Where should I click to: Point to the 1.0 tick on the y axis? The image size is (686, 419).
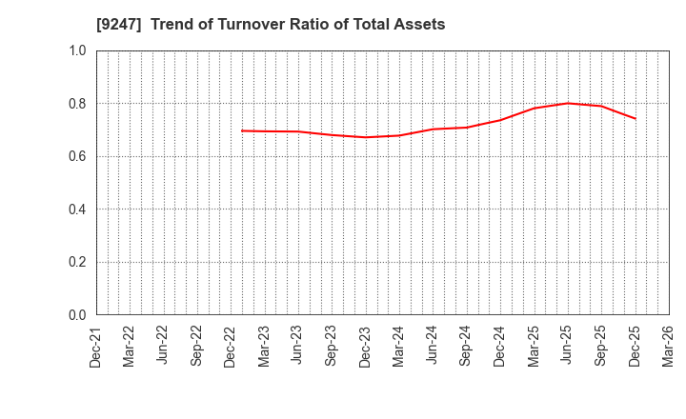click(77, 50)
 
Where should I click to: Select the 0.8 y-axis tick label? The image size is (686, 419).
click(77, 104)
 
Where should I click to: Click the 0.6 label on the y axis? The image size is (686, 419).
click(77, 156)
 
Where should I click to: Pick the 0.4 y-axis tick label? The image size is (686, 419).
click(77, 209)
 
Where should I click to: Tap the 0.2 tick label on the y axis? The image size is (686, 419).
click(77, 262)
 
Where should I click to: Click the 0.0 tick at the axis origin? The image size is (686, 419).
click(77, 315)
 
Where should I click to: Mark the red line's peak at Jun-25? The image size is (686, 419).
click(567, 103)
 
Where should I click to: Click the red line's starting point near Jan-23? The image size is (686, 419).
click(242, 130)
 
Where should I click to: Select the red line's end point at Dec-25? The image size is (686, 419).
click(635, 119)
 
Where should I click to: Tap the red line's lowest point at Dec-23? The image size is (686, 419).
click(366, 137)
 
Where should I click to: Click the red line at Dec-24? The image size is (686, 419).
click(500, 120)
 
